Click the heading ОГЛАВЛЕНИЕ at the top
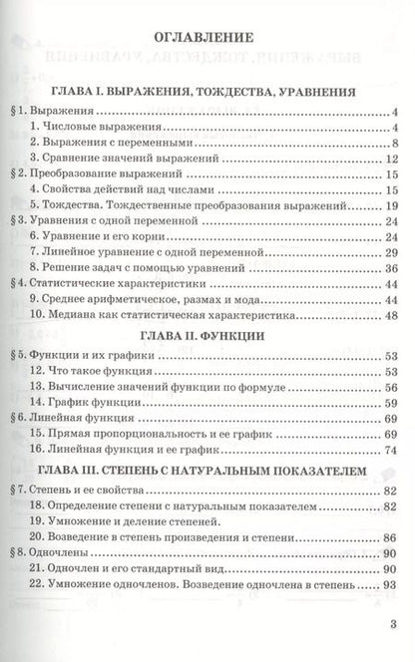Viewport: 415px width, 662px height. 207,39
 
